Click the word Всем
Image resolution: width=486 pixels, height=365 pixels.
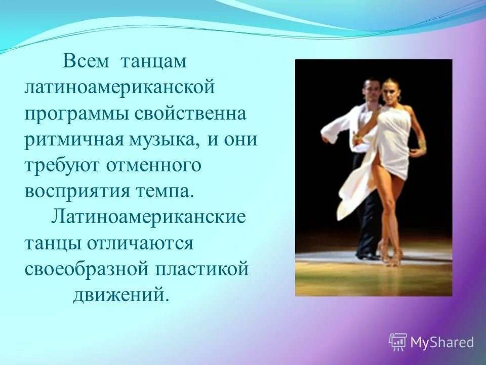(x=86, y=62)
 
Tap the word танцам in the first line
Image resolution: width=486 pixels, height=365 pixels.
(x=153, y=63)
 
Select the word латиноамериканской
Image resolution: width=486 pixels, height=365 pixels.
(x=120, y=88)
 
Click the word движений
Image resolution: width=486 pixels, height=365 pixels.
(x=120, y=295)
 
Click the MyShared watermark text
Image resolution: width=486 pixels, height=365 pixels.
(x=442, y=343)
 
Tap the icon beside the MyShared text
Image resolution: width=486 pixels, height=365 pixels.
(x=398, y=342)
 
